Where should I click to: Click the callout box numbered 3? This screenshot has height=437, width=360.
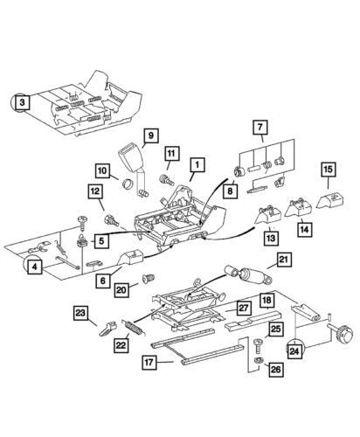click(20, 102)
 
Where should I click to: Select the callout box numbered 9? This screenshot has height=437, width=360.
click(149, 135)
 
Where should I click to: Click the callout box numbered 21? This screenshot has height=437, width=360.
click(283, 259)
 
